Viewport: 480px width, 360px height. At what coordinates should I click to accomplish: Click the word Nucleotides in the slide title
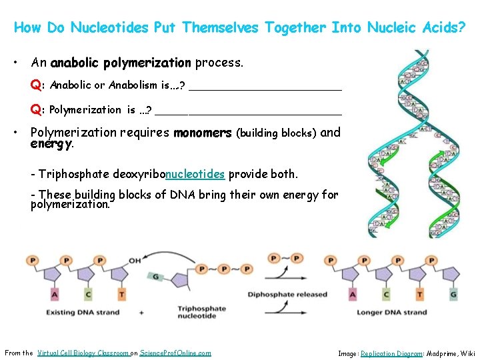110,27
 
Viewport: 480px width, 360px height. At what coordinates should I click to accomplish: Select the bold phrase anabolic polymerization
121,63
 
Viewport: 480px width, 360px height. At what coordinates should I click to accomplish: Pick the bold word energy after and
51,143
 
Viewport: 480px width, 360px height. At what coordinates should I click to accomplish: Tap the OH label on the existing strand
135,261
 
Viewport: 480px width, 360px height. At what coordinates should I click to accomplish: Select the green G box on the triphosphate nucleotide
156,276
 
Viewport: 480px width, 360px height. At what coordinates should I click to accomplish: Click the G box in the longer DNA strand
453,294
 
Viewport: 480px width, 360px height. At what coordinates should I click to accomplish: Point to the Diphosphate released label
287,294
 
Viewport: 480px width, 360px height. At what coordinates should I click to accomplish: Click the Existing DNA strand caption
74,312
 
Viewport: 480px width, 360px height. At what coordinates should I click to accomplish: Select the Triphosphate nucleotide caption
201,312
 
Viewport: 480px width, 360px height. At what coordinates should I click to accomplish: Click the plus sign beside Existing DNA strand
141,312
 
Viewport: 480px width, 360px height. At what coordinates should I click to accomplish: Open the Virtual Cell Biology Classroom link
83,353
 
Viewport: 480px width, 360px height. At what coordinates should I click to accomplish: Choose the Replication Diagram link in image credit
391,353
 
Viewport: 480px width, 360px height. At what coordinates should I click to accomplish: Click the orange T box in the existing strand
122,293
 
